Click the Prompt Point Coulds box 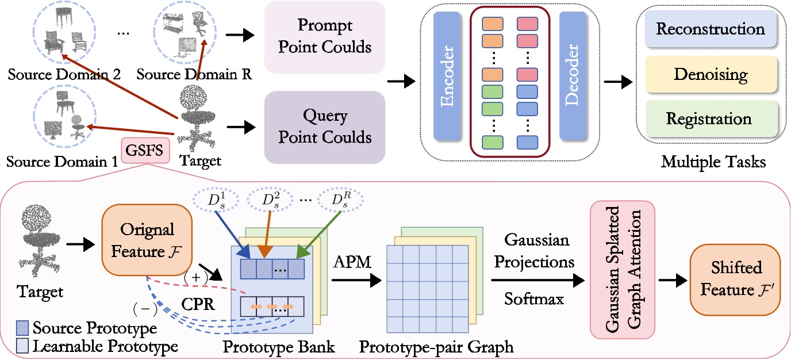pos(324,37)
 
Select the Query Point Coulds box pos(324,127)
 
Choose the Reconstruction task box pos(711,29)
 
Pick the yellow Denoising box pos(711,74)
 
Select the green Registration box pos(711,119)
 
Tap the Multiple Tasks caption pos(713,162)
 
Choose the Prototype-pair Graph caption pos(436,347)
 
